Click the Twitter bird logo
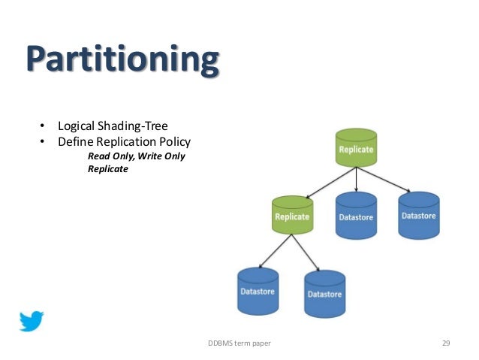32,321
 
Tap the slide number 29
445,343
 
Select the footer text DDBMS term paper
239,343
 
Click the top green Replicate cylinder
355,148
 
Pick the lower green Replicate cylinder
292,215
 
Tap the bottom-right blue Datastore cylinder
324,293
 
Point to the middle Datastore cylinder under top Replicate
356,216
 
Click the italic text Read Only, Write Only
136,156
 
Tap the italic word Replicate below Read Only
108,169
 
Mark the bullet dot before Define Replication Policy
43,141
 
